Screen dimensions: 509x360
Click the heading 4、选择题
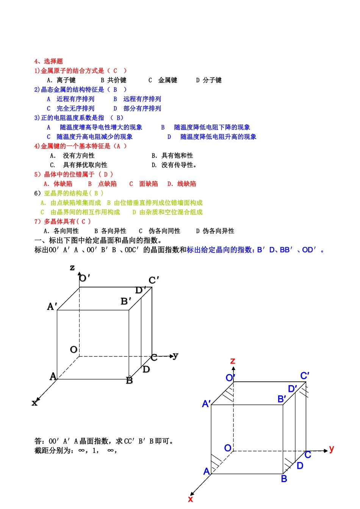click(x=49, y=61)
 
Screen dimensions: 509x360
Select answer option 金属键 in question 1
click(x=167, y=80)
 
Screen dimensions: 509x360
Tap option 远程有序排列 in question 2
click(x=142, y=99)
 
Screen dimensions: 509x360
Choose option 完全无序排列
click(x=75, y=109)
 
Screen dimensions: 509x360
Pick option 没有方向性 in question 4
click(x=79, y=156)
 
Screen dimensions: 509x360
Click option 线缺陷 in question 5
click(x=186, y=184)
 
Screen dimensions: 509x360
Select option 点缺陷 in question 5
click(x=107, y=184)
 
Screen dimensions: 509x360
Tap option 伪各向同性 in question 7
click(x=164, y=231)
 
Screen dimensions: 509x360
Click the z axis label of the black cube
click(x=72, y=268)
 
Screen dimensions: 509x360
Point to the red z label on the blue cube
click(x=233, y=361)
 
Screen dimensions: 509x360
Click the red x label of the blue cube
click(x=190, y=499)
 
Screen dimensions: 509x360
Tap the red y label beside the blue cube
click(x=332, y=449)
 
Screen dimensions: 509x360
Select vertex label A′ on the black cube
click(x=52, y=306)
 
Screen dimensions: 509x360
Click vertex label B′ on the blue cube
click(x=282, y=399)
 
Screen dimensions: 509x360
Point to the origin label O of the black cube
click(x=74, y=350)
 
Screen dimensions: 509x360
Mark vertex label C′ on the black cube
click(x=153, y=280)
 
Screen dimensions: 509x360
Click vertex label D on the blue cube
click(x=300, y=466)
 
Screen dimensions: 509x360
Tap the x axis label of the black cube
click(x=34, y=403)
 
